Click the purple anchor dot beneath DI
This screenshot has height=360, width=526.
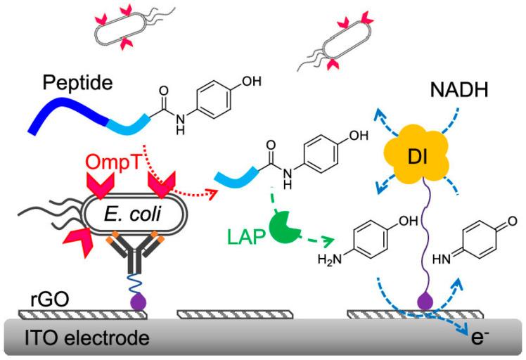pyautogui.click(x=423, y=302)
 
